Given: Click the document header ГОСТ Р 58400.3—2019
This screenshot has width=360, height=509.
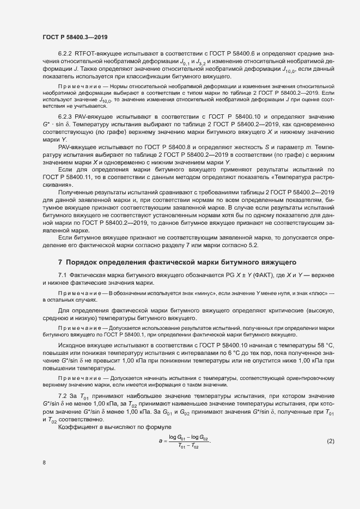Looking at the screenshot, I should (74, 37).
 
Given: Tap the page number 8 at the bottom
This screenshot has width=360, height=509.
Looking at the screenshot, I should (44, 463).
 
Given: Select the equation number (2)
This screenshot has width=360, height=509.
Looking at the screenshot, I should (330, 425).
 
